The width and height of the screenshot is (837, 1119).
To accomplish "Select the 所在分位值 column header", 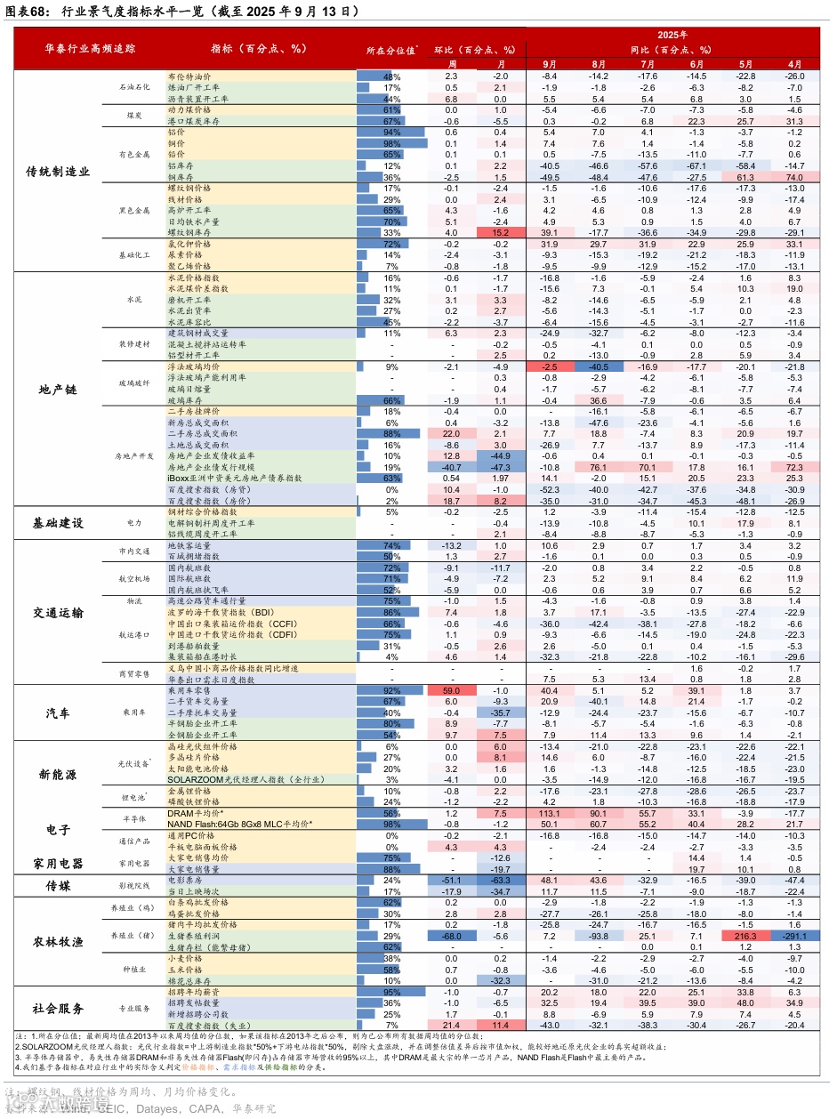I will coord(392,50).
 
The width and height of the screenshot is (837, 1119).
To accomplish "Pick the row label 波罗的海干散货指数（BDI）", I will coord(221,613).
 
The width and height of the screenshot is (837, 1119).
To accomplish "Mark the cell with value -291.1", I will coord(794,937).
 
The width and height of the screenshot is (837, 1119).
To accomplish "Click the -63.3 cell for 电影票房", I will coord(500,880).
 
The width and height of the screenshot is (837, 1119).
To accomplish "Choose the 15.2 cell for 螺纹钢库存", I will coord(500,233).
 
